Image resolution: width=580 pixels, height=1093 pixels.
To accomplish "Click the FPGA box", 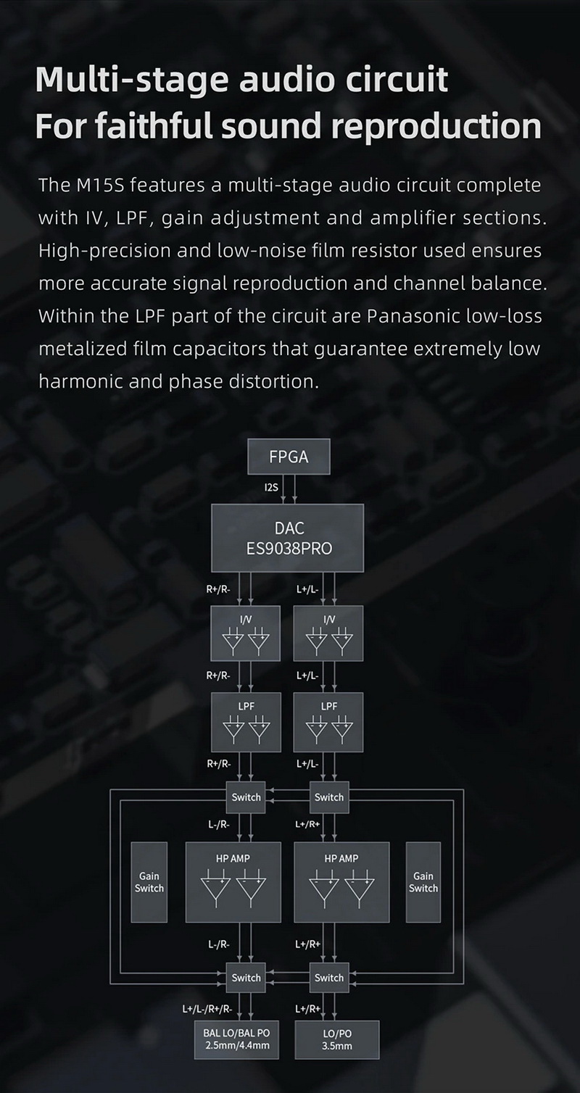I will (289, 457).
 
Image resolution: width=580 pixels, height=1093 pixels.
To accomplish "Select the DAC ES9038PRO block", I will (287, 538).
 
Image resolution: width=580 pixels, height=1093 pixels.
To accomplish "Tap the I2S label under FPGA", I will (271, 488).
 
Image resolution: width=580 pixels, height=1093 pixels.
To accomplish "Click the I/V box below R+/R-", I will (245, 633).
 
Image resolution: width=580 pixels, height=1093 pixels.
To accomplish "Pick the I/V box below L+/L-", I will (328, 633).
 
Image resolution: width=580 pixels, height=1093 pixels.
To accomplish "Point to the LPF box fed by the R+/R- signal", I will (245, 721).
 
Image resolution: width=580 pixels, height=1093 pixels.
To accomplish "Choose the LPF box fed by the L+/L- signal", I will (328, 721).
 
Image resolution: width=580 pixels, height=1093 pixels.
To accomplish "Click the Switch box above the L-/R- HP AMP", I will (246, 797).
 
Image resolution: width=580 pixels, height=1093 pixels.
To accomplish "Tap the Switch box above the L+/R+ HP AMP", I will (328, 797).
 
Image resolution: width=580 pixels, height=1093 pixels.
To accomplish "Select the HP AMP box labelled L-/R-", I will (233, 882).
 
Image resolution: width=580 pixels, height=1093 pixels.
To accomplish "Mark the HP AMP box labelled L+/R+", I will (341, 882).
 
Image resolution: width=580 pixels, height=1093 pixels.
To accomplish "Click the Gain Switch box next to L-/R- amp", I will (149, 882).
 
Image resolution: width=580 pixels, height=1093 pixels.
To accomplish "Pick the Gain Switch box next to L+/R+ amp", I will (423, 882).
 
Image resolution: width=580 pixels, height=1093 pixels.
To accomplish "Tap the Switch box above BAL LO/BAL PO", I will (246, 978).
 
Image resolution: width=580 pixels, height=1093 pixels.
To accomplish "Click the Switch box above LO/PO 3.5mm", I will (328, 978).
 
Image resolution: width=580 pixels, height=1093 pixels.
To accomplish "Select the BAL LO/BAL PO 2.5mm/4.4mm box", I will (236, 1039).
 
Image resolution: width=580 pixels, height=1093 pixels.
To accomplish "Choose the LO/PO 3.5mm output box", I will (336, 1039).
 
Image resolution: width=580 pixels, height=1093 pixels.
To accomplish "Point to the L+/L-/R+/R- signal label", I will (207, 1009).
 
